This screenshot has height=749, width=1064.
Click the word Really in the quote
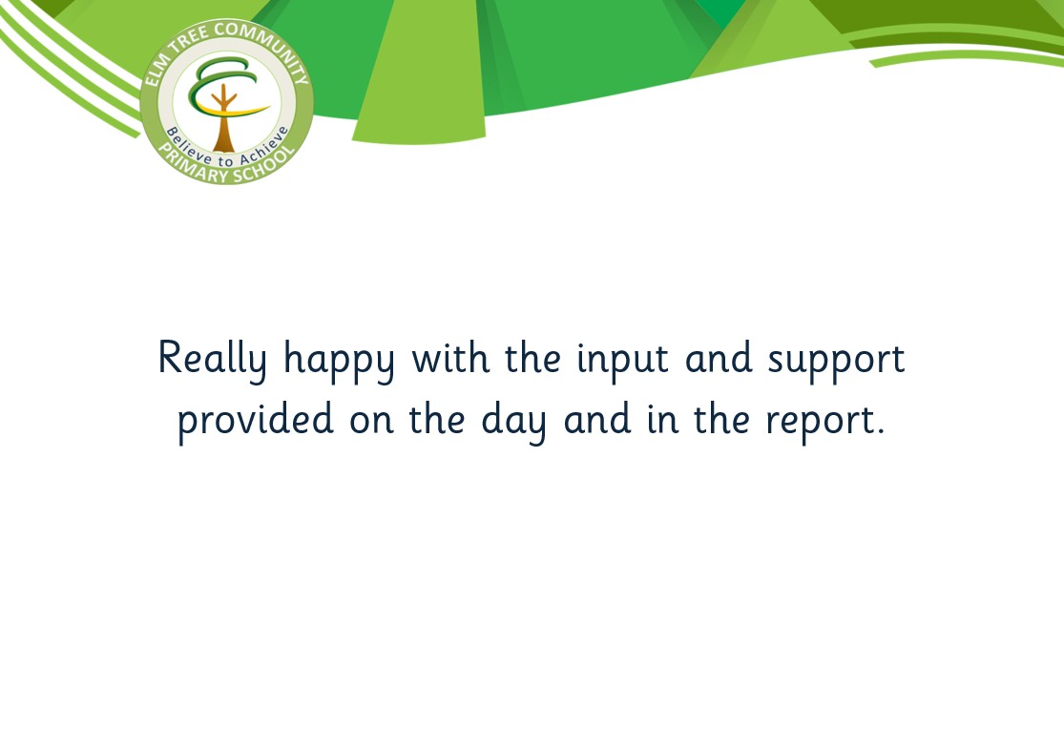pyautogui.click(x=213, y=360)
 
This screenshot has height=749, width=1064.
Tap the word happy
pyautogui.click(x=339, y=360)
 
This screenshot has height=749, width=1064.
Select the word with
pyautogui.click(x=450, y=357)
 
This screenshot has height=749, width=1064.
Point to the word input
pyautogui.click(x=623, y=361)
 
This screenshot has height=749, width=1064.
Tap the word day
pyautogui.click(x=513, y=421)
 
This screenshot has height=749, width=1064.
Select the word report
pyautogui.click(x=820, y=423)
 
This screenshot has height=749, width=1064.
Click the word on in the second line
pyautogui.click(x=371, y=422)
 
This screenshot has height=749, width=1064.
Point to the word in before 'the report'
pyautogui.click(x=662, y=418)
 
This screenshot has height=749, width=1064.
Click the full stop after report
pyautogui.click(x=881, y=431)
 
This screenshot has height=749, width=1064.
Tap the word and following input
pyautogui.click(x=719, y=357)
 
